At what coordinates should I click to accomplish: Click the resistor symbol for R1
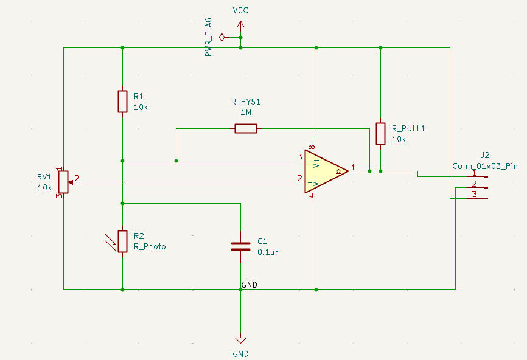click(122, 102)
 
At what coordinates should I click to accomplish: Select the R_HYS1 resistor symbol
click(246, 128)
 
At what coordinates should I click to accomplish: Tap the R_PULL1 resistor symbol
click(380, 133)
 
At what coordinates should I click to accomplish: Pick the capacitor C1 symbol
click(240, 246)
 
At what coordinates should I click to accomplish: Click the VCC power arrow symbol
click(240, 26)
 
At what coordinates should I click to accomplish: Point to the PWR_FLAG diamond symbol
click(223, 38)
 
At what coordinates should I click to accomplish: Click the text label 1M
click(246, 112)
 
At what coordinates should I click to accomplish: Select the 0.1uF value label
click(268, 252)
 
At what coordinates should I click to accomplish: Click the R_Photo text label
click(150, 247)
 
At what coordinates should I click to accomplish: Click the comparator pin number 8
click(312, 148)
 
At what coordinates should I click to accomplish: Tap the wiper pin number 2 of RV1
click(77, 178)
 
